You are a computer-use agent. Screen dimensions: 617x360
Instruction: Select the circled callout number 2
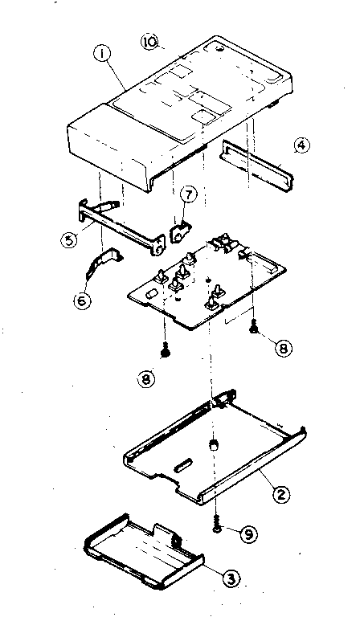pyautogui.click(x=279, y=493)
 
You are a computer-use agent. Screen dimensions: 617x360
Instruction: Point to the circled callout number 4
pyautogui.click(x=301, y=146)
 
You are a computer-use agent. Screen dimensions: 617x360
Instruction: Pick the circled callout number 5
pyautogui.click(x=70, y=239)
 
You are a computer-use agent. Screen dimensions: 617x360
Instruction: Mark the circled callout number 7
pyautogui.click(x=187, y=195)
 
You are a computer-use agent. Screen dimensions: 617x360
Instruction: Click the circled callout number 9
pyautogui.click(x=250, y=531)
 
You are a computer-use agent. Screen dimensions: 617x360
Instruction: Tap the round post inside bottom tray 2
pyautogui.click(x=214, y=443)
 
